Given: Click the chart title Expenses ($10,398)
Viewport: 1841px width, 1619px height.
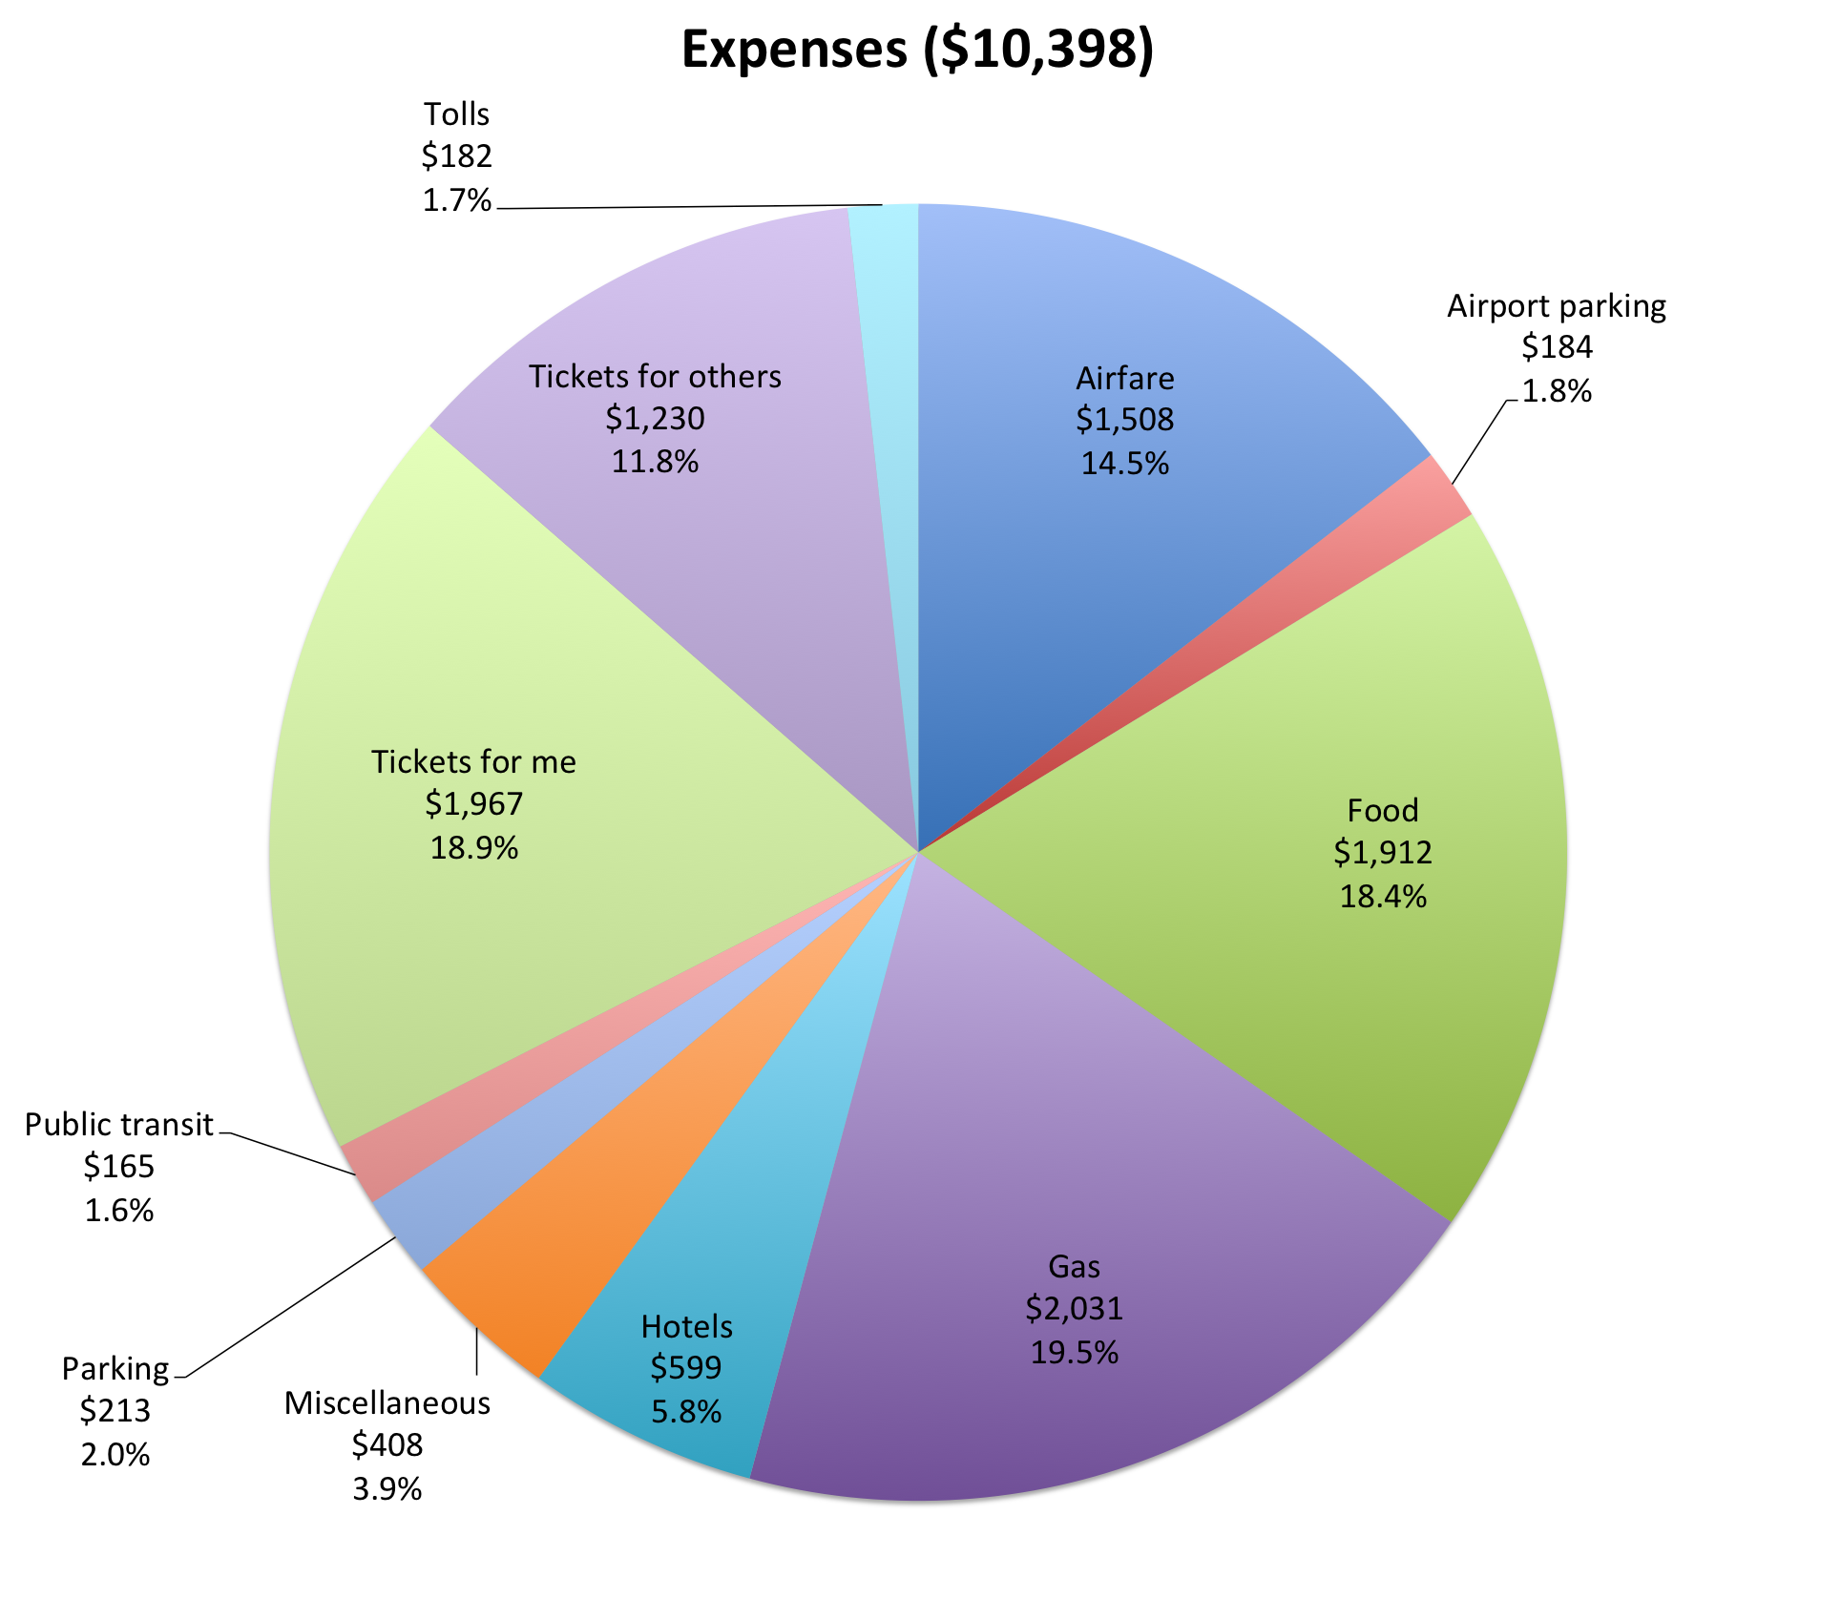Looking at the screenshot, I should (917, 50).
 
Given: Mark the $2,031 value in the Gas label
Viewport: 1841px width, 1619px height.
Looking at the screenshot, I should (1074, 1308).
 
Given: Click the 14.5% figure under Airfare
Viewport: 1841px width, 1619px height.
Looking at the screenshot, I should (1124, 464).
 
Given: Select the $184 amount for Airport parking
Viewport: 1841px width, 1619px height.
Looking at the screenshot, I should (1557, 347).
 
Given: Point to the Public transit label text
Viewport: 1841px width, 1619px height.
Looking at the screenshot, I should (118, 1125).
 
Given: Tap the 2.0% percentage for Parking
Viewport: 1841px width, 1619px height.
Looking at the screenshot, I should (115, 1455).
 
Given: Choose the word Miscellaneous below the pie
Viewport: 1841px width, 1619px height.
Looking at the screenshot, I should (387, 1403).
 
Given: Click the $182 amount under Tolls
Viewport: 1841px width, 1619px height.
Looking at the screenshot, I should (456, 156).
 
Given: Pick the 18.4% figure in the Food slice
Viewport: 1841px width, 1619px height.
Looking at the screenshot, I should (1382, 897).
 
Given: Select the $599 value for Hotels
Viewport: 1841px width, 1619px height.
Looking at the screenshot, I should (685, 1368).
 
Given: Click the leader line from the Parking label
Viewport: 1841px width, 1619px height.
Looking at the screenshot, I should (286, 1309).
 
